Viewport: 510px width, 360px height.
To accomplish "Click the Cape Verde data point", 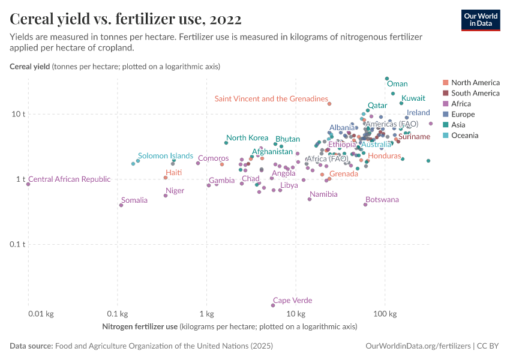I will coord(273,305).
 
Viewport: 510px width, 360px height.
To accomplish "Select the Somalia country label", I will coord(134,200).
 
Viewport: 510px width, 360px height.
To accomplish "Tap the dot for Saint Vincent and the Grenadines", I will coord(329,104).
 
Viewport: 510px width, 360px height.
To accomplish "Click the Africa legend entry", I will coord(461,104).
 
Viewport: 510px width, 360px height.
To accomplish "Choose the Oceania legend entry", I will coord(464,136).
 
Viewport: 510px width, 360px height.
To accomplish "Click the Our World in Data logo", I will coord(481,20).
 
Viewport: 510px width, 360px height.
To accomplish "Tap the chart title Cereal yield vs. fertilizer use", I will coord(125,20).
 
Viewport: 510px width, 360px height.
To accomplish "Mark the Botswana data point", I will coord(365,205).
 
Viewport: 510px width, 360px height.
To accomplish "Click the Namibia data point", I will coord(310,199).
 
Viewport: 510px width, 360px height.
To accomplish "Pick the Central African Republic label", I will coord(70,179).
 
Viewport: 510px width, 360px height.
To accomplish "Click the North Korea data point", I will coord(226,143).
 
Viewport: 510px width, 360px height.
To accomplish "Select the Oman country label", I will coord(397,85).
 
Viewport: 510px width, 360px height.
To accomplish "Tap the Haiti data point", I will coord(166,178).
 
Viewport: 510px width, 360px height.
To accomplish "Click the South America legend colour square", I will coord(445,93).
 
